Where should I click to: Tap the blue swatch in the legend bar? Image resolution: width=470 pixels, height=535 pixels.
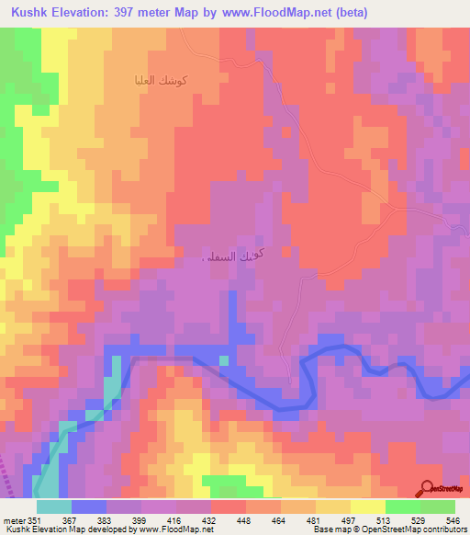coord(89,507)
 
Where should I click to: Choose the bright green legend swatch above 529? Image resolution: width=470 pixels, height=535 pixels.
coord(402,507)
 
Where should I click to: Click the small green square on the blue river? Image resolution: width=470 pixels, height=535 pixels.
coord(223,359)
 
